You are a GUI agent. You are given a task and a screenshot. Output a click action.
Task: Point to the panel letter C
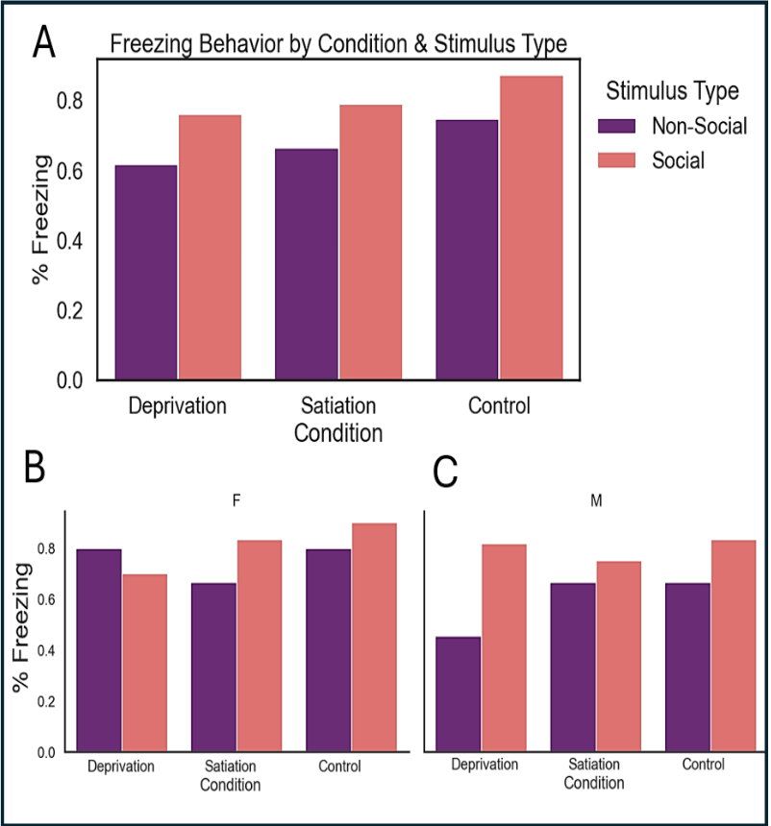[446, 472]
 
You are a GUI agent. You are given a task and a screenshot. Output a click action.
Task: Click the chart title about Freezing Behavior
[338, 44]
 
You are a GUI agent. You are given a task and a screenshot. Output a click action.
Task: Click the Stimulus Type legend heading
[672, 91]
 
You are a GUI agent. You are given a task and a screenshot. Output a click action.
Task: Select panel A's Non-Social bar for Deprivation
[145, 273]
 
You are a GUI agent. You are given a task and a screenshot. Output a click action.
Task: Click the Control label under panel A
[499, 406]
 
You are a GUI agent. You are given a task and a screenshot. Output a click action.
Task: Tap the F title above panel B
[236, 500]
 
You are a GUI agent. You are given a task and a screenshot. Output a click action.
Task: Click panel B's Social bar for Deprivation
[144, 663]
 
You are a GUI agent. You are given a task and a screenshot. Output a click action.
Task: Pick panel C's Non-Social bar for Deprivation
[458, 693]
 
